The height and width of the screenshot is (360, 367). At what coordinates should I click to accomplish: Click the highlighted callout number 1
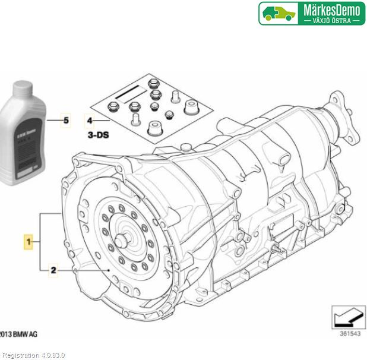[28, 242]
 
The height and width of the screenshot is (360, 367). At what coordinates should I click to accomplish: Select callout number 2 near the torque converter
[53, 270]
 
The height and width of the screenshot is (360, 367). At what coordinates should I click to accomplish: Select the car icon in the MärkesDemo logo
[280, 13]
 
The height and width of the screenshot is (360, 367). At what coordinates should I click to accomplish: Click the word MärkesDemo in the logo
[332, 10]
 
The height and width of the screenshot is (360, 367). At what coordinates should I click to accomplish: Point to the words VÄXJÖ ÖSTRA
[332, 20]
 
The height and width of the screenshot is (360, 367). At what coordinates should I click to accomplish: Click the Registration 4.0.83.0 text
[33, 355]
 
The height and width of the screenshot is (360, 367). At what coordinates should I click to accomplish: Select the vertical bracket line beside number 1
[40, 242]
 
